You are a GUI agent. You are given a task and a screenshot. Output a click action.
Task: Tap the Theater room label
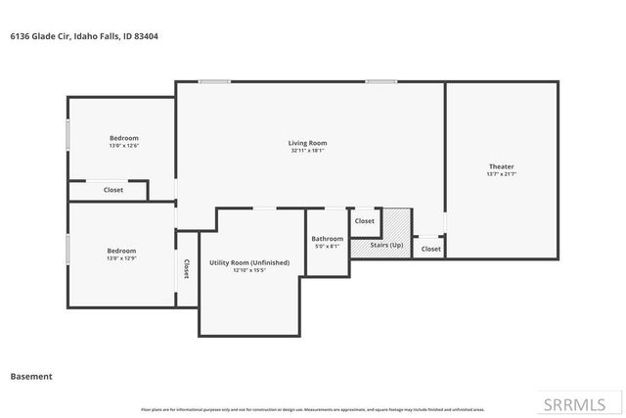[x=501, y=166]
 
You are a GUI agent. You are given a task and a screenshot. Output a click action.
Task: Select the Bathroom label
[x=327, y=239]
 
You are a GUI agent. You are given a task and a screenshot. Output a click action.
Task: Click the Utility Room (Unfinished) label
[x=249, y=262]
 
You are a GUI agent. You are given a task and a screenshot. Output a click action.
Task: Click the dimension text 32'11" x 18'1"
[x=307, y=151]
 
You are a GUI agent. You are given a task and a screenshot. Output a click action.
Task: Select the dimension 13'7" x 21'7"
[x=501, y=174]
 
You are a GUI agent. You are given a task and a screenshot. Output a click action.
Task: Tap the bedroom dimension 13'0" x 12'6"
[x=123, y=145]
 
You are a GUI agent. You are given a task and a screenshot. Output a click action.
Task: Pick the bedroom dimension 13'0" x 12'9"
[x=121, y=258]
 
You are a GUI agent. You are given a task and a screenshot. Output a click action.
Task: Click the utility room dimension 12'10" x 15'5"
[x=249, y=270]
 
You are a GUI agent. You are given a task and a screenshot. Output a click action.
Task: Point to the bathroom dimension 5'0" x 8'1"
[x=327, y=247]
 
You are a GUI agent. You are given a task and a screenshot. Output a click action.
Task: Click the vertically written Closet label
[x=186, y=269]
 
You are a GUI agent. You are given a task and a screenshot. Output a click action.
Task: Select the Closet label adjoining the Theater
[x=430, y=249]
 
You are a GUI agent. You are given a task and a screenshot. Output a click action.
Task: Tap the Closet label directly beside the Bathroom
[x=364, y=221]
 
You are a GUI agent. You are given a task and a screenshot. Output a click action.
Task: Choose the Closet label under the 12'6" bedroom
[x=113, y=190]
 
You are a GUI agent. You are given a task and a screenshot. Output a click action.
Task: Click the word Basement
[x=30, y=376]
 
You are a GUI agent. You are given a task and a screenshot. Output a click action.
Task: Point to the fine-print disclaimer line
[x=312, y=409]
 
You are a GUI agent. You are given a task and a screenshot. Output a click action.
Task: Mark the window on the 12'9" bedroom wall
[x=67, y=251]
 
